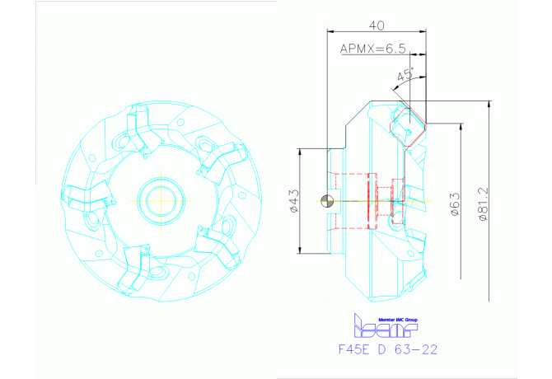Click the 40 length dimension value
click(x=377, y=25)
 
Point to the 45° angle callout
click(x=405, y=76)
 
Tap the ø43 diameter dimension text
click(x=294, y=200)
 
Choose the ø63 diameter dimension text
click(x=454, y=202)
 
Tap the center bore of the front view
click(x=157, y=199)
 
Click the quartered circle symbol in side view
click(x=330, y=199)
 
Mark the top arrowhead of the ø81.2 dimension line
click(x=491, y=106)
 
